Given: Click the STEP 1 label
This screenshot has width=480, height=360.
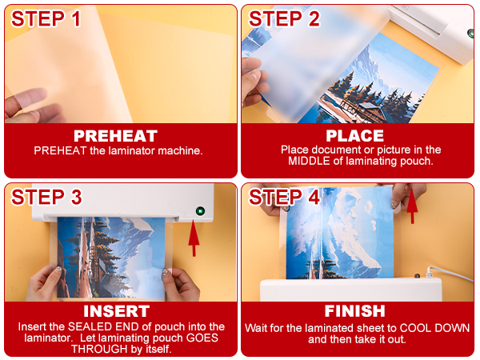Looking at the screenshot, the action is [46, 18].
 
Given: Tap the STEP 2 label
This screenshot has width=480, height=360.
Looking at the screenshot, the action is [284, 18].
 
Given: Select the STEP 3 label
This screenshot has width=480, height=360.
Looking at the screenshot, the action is [46, 197].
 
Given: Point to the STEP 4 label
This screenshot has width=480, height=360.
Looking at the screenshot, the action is [284, 197].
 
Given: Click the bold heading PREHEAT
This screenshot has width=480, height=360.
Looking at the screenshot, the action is [115, 136].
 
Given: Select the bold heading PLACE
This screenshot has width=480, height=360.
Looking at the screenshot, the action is [354, 136].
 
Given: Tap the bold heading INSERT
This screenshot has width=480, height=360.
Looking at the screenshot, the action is [117, 311].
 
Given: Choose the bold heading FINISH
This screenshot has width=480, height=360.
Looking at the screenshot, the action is [354, 311].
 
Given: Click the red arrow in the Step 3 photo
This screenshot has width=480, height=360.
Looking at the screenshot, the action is [194, 238].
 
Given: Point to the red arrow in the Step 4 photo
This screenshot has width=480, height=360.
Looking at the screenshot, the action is [412, 205].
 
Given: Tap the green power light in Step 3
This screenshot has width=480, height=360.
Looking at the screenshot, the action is [200, 211].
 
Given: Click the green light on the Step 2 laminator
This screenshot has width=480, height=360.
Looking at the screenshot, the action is [470, 33].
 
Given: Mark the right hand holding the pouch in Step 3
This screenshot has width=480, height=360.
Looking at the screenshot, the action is [180, 283].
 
